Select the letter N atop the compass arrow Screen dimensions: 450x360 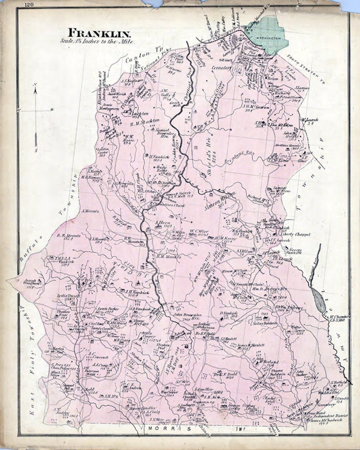click(35, 89)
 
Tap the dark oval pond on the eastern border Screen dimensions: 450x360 click(319, 300)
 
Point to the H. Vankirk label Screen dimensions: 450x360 click(152, 156)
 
